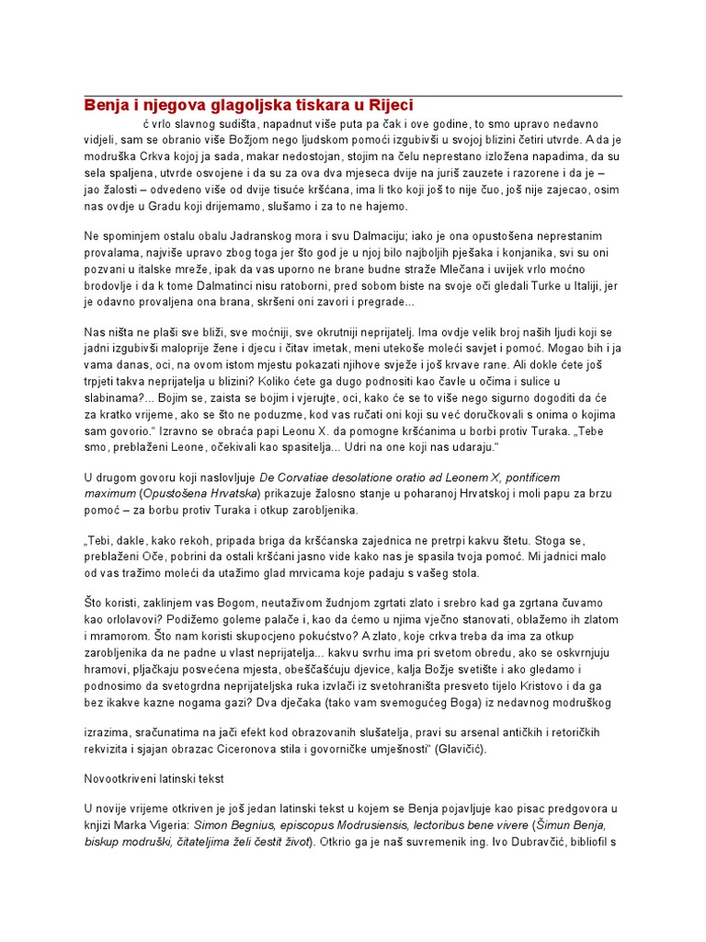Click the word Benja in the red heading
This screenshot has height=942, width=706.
point(108,106)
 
